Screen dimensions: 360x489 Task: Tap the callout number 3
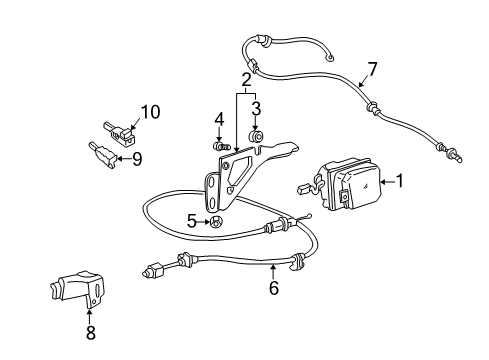(x=255, y=109)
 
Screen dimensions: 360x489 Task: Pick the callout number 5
(x=192, y=221)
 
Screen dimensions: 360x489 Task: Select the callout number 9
(x=137, y=157)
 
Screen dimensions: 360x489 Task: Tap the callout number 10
(x=149, y=111)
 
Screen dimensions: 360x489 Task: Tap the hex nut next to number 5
(x=213, y=222)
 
